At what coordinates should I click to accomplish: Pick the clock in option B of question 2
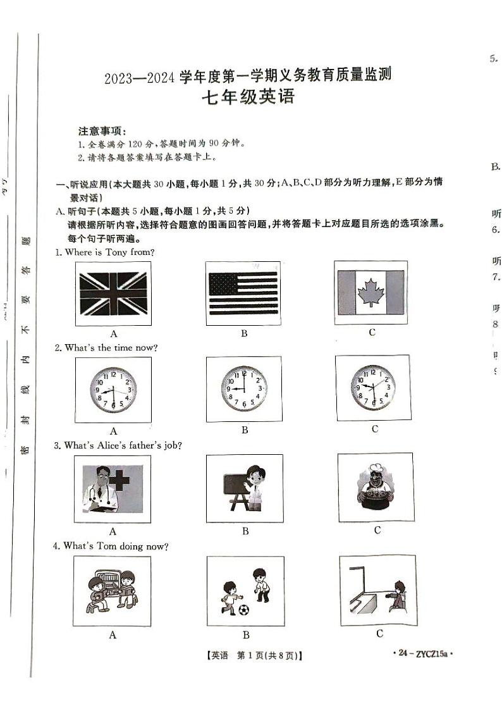click(x=243, y=387)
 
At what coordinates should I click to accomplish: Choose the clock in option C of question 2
click(x=373, y=386)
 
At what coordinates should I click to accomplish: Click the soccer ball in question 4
click(x=244, y=610)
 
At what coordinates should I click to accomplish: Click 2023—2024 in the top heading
click(x=138, y=79)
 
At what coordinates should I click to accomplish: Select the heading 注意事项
click(x=102, y=132)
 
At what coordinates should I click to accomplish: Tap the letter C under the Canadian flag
click(x=372, y=332)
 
